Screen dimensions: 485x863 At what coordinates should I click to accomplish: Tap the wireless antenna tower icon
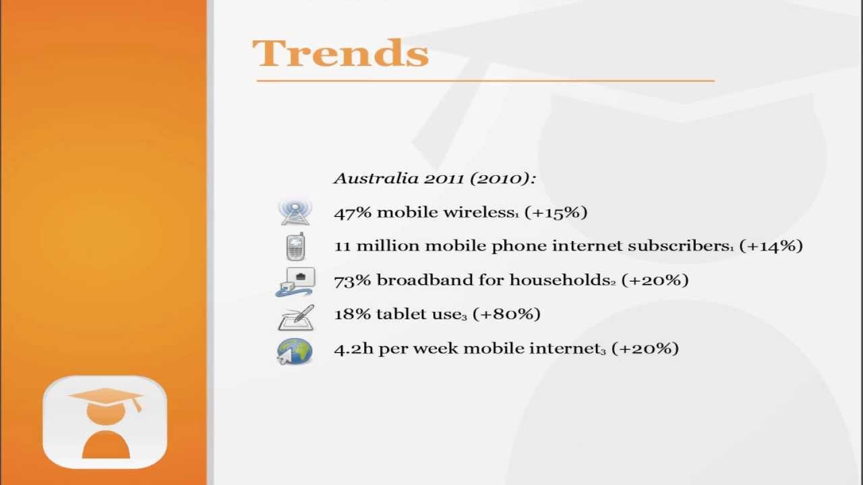pyautogui.click(x=295, y=212)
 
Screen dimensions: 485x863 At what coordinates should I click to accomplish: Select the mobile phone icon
pyautogui.click(x=295, y=247)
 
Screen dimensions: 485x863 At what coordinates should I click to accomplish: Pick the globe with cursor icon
pyautogui.click(x=295, y=351)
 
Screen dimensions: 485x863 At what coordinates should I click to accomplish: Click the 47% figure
pyautogui.click(x=352, y=213)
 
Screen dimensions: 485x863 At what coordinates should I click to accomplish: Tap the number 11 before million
pyautogui.click(x=343, y=247)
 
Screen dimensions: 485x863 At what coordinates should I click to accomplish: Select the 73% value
pyautogui.click(x=352, y=280)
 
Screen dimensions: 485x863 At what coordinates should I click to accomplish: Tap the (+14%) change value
pyautogui.click(x=771, y=247)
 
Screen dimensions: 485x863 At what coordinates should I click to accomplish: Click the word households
pyautogui.click(x=562, y=280)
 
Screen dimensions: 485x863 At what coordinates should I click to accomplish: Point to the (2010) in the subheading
pyautogui.click(x=502, y=179)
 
